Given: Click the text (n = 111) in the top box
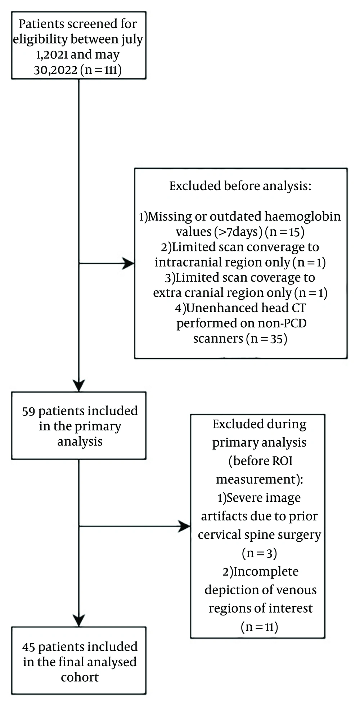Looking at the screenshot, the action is [x=101, y=70].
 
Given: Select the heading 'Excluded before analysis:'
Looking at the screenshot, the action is [x=240, y=186].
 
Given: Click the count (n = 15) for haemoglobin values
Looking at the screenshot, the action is [x=284, y=232].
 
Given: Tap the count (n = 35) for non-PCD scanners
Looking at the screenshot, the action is [x=267, y=339].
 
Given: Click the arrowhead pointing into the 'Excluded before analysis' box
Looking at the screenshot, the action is [x=129, y=263].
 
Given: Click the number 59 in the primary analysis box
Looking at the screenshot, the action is [x=28, y=411].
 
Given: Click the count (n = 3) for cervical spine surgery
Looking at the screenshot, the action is [x=259, y=553].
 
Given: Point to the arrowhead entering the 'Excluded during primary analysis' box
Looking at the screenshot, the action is [x=184, y=526].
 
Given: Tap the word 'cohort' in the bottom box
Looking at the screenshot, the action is [x=80, y=677].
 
